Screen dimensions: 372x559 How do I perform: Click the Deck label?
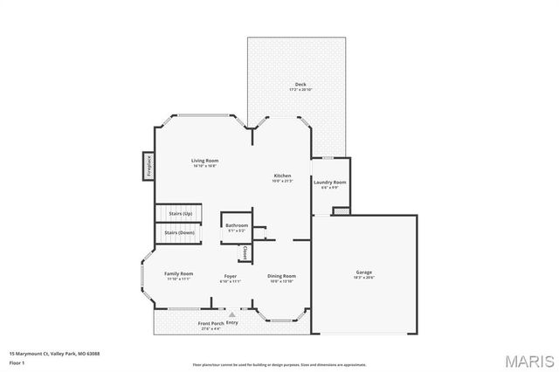click(300, 85)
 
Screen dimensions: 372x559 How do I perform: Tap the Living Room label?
click(205, 161)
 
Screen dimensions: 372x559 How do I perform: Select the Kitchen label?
click(281, 176)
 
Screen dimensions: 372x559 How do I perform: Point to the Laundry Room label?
click(330, 183)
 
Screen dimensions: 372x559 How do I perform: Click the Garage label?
click(363, 272)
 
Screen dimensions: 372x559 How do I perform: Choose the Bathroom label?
click(237, 225)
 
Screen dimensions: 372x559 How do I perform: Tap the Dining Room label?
click(281, 276)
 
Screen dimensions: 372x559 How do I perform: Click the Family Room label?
click(179, 274)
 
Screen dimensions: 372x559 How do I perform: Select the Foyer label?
click(230, 276)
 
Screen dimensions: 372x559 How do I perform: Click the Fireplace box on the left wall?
click(148, 166)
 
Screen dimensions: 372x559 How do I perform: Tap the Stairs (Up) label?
click(181, 214)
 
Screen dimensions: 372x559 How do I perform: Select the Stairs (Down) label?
click(180, 233)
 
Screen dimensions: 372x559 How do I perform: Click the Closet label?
click(245, 252)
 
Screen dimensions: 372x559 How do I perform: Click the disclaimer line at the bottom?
click(279, 364)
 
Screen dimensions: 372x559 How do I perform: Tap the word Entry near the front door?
click(231, 322)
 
